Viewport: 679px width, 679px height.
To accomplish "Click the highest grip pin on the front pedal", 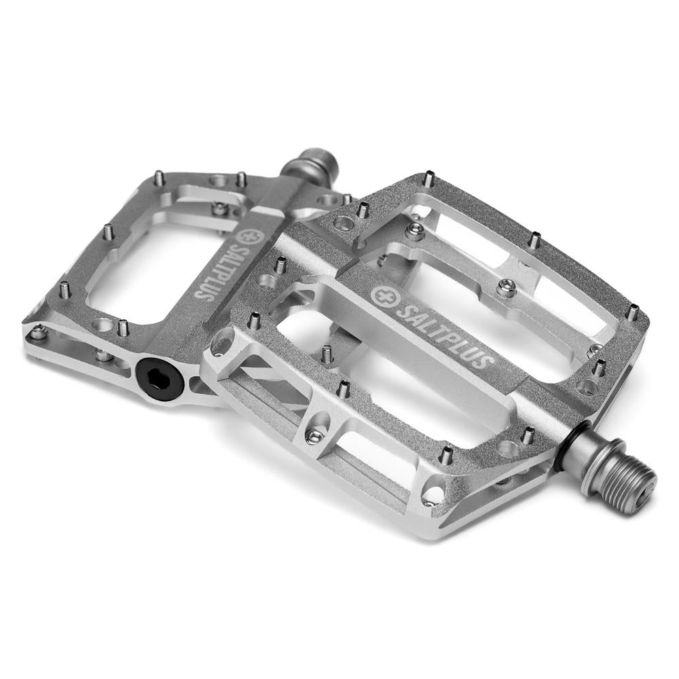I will (x=429, y=179).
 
